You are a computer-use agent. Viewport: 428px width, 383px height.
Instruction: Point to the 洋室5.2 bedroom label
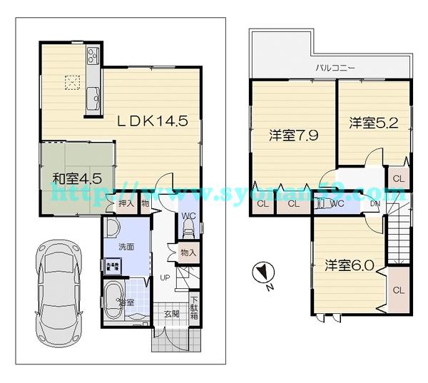coord(369,123)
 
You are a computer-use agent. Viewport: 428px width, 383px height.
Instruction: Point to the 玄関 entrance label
coord(172,314)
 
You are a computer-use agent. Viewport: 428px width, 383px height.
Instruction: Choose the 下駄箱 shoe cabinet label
coord(194,307)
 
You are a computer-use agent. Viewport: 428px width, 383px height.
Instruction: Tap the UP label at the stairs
coord(164,278)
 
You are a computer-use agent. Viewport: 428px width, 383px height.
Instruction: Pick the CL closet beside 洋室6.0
coord(398,290)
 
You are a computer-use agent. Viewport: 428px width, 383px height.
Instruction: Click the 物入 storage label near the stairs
coord(188,252)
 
